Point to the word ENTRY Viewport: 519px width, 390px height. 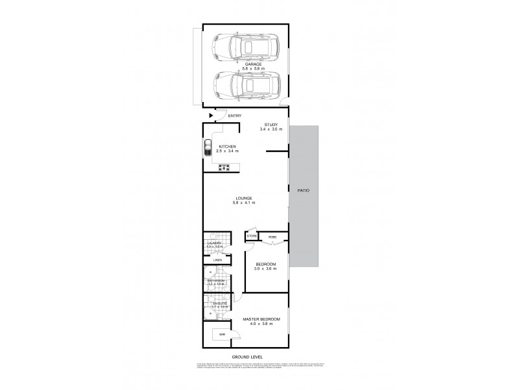tap(235, 116)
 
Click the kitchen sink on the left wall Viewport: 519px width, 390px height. tap(208, 148)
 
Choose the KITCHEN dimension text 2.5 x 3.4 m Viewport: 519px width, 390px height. tap(228, 151)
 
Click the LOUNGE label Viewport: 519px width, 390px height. tap(244, 198)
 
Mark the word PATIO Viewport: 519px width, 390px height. tap(304, 190)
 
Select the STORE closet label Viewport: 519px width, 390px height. tap(251, 236)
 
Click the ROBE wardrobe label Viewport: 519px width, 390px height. tap(273, 237)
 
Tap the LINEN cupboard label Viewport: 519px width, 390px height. tap(218, 260)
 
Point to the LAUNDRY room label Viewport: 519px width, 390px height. tap(215, 243)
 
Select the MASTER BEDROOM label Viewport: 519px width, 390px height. tap(261, 320)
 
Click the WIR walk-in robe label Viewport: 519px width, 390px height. tap(221, 334)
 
